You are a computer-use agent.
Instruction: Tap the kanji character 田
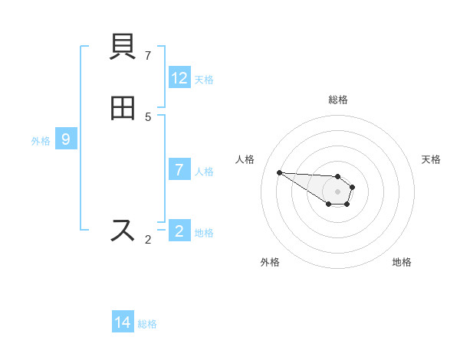point(123,110)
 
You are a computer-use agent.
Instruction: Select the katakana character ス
point(123,231)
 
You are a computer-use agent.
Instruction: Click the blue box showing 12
point(179,78)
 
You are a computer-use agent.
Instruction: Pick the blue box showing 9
point(66,139)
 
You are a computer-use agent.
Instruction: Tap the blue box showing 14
point(123,322)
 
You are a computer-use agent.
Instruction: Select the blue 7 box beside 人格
point(179,170)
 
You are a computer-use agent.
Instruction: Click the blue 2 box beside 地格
point(179,231)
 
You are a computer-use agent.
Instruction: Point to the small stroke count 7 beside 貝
point(148,56)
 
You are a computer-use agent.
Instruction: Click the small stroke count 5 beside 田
point(148,116)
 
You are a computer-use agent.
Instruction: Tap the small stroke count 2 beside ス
point(148,240)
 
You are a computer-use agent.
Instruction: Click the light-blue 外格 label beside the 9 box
point(41,141)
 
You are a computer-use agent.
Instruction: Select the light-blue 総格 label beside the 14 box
point(147,324)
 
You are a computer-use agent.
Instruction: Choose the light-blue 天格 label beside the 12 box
point(204,80)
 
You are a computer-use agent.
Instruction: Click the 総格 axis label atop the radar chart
point(338,100)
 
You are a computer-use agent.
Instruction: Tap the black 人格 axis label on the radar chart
point(245,159)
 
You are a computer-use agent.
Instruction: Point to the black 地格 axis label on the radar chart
point(402,262)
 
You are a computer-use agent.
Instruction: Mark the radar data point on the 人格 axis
point(279,172)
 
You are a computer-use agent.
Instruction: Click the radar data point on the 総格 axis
point(338,176)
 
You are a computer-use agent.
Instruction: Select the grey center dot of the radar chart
point(338,191)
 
